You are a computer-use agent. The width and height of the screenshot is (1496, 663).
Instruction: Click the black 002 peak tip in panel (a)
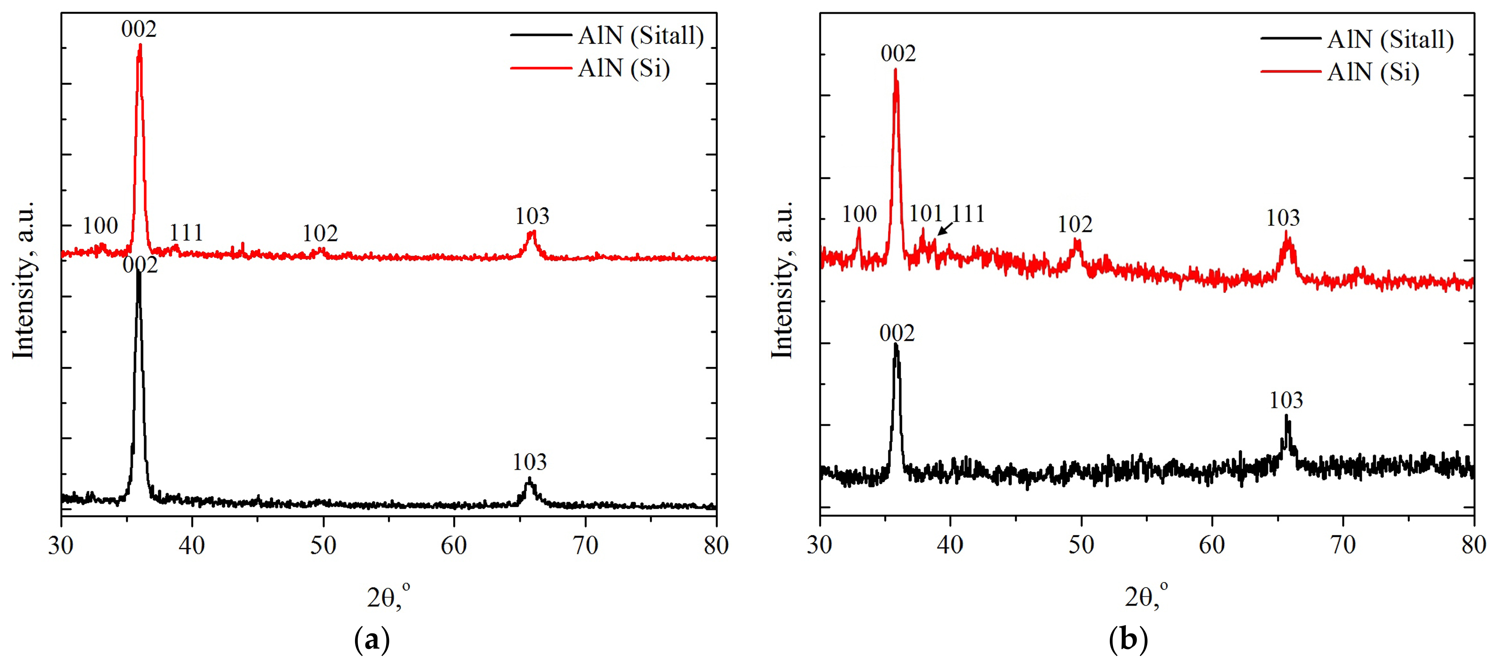[x=138, y=272]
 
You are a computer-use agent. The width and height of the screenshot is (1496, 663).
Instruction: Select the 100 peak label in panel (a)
[x=100, y=226]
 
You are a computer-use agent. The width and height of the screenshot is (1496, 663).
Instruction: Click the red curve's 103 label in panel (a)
[x=532, y=216]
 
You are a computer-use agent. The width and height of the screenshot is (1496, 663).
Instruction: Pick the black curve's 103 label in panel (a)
[x=529, y=462]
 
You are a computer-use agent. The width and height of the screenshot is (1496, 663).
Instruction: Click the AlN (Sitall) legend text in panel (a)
[x=641, y=36]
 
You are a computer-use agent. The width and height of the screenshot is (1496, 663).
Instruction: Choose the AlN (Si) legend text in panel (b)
[x=1373, y=72]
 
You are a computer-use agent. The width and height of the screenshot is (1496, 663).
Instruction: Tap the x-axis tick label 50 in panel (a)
[x=323, y=546]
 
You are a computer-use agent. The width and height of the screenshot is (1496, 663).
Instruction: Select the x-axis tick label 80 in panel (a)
[x=715, y=546]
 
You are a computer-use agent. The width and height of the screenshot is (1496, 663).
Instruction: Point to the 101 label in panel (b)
[x=925, y=214]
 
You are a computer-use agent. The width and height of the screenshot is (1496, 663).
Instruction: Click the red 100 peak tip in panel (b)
[x=859, y=229]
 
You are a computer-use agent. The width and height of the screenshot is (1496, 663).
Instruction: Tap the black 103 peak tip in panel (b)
[x=1286, y=416]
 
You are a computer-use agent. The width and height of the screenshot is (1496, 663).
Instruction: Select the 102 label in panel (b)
[x=1075, y=225]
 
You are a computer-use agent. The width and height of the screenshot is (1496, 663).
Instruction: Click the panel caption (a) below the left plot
[x=372, y=641]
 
